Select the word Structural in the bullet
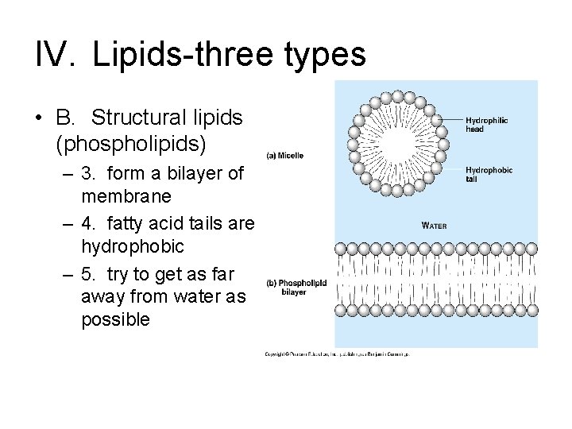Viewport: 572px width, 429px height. pyautogui.click(x=138, y=118)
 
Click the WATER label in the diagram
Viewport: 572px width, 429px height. pyautogui.click(x=435, y=226)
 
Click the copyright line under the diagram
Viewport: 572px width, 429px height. pyautogui.click(x=337, y=354)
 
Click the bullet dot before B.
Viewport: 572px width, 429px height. pyautogui.click(x=38, y=118)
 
